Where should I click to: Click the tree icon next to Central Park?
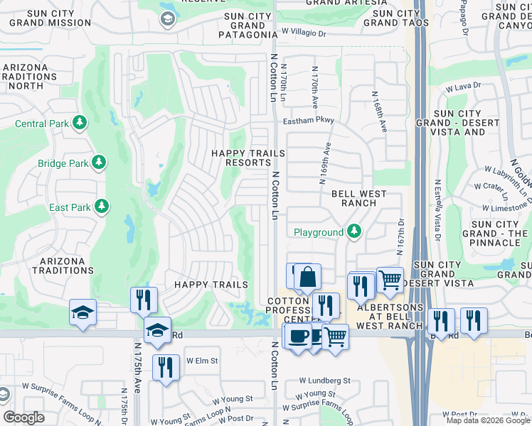click(79, 124)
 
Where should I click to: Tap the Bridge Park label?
click(63, 164)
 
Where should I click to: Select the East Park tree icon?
click(102, 207)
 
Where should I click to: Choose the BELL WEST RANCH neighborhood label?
click(358, 198)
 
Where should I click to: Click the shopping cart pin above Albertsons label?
click(390, 280)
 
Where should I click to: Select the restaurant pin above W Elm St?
click(166, 367)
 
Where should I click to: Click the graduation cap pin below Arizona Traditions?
click(83, 312)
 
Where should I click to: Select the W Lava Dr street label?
click(463, 87)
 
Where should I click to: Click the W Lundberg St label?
click(324, 381)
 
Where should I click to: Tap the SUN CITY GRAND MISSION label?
click(50, 18)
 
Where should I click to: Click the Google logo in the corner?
click(23, 417)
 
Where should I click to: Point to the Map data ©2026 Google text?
click(488, 420)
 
